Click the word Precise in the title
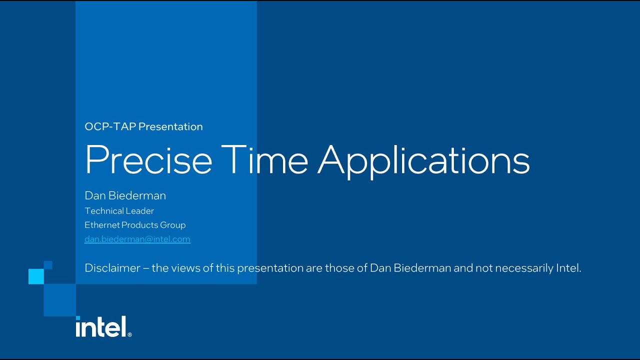[148, 160]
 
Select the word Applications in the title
[423, 160]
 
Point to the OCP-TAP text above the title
[110, 126]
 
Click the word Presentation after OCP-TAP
[170, 126]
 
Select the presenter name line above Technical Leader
[125, 195]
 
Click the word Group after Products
[173, 225]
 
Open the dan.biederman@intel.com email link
[137, 239]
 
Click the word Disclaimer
[112, 268]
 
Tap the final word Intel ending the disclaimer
[569, 268]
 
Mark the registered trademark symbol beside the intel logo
[130, 334]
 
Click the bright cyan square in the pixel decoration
[36, 276]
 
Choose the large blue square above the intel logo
[59, 300]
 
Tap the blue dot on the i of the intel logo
[78, 318]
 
